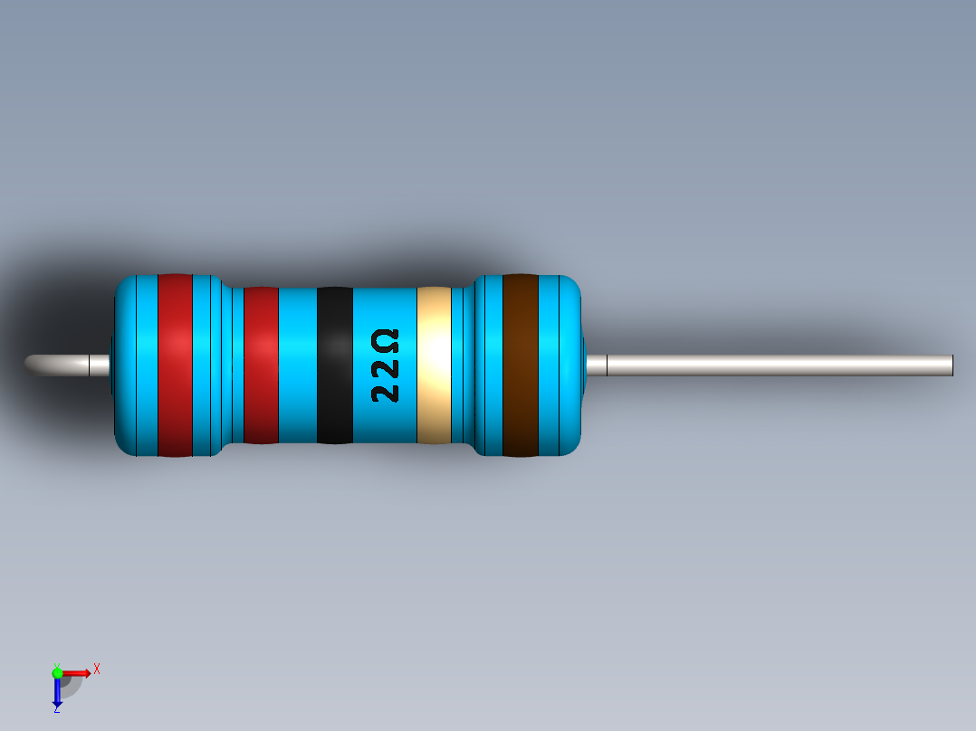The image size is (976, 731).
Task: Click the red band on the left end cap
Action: [175, 365]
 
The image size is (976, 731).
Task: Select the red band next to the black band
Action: [261, 365]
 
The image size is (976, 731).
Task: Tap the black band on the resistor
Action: [334, 365]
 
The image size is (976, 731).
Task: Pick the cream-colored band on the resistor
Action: [434, 365]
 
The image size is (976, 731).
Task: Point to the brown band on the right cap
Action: [521, 365]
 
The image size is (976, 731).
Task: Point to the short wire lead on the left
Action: [68, 365]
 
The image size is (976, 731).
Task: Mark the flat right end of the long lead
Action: [951, 365]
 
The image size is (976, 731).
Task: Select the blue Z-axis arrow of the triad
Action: [57, 693]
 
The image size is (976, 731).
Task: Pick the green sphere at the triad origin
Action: [57, 672]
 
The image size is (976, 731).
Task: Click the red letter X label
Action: [97, 669]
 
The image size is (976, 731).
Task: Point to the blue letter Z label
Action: [56, 710]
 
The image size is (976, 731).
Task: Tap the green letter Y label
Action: [56, 665]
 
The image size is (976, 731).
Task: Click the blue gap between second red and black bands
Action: [297, 365]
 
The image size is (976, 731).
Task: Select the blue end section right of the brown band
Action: [560, 365]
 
